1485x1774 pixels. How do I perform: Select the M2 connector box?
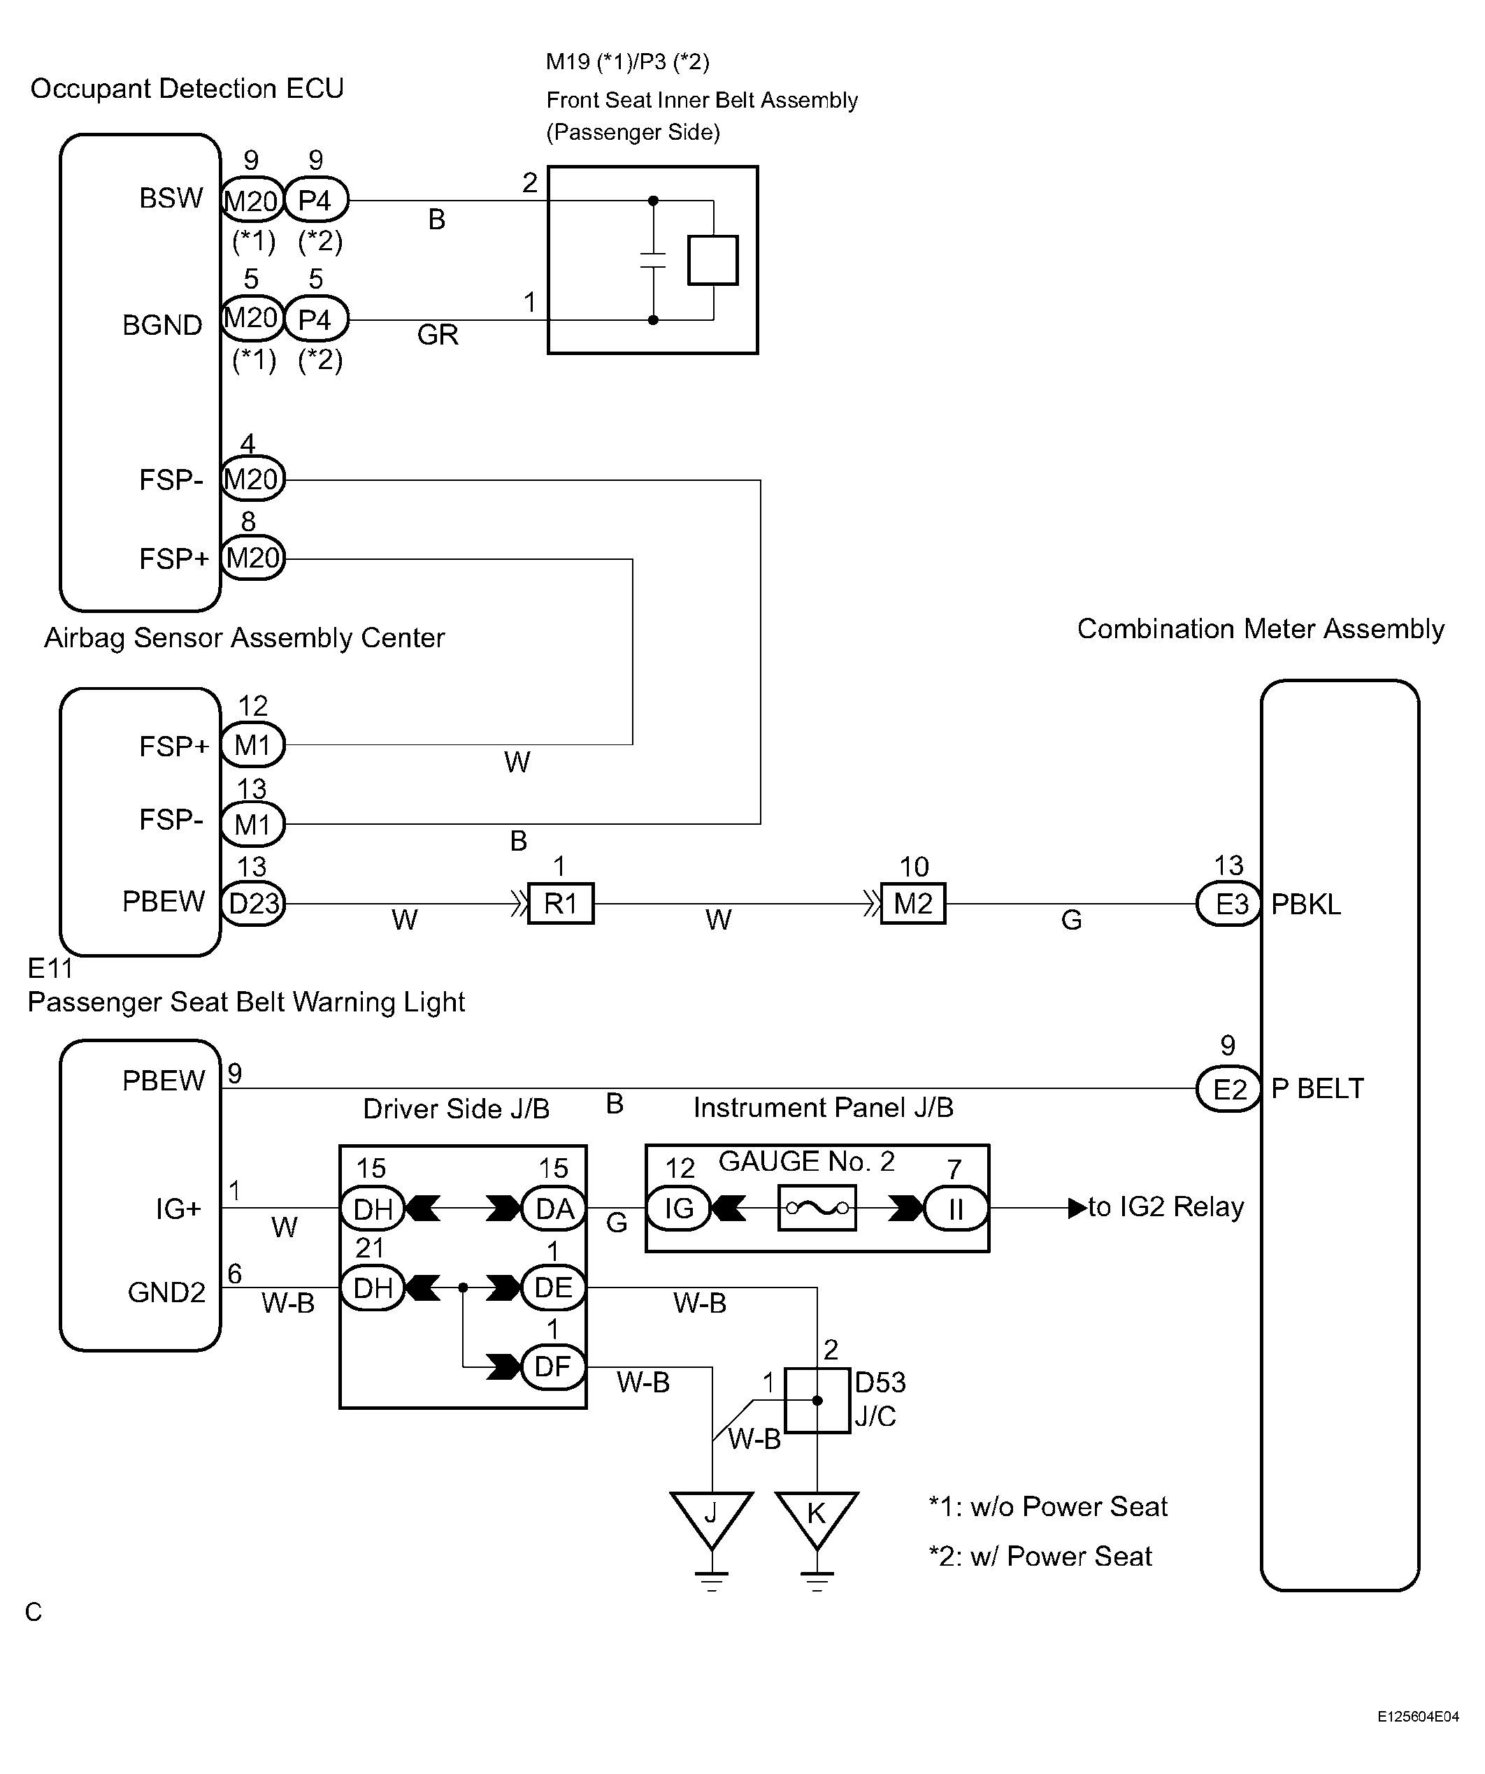(x=913, y=903)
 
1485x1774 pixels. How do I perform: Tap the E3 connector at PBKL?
(x=1230, y=904)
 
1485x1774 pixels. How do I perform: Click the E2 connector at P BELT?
(x=1230, y=1089)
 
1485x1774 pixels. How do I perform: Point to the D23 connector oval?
(x=252, y=904)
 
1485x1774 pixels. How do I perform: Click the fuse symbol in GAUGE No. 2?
(x=817, y=1208)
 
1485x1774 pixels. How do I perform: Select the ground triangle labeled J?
(x=712, y=1520)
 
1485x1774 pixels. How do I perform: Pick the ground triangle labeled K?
(x=817, y=1520)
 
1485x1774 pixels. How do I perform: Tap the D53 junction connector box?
(x=817, y=1401)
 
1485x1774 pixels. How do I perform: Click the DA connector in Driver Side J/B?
(x=554, y=1209)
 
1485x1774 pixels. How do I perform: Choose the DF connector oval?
(x=554, y=1366)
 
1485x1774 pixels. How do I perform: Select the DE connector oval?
(x=554, y=1288)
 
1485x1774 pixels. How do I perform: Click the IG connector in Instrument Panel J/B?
(x=679, y=1208)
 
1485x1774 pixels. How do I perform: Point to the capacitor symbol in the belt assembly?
(x=652, y=260)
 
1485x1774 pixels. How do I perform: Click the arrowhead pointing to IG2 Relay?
(x=1077, y=1208)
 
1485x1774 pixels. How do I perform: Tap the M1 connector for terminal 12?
(x=252, y=745)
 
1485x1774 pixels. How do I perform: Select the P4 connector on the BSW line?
(x=316, y=200)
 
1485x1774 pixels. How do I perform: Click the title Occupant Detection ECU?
(x=187, y=89)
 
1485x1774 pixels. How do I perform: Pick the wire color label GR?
(x=438, y=335)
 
